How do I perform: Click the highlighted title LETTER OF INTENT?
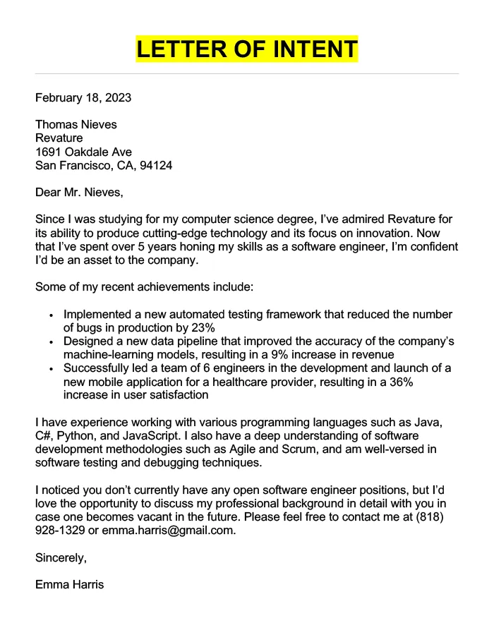click(247, 49)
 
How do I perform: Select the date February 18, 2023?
click(83, 97)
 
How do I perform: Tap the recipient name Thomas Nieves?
click(76, 124)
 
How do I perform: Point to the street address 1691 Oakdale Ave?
click(83, 152)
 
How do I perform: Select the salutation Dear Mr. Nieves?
click(79, 192)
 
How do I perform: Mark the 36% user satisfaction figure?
click(400, 382)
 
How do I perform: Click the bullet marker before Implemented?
click(52, 315)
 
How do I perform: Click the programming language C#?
click(44, 436)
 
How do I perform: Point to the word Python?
click(76, 436)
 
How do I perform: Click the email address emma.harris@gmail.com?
click(168, 531)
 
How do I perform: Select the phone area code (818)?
click(442, 517)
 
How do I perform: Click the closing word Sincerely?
click(61, 557)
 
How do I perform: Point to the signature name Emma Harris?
click(69, 584)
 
